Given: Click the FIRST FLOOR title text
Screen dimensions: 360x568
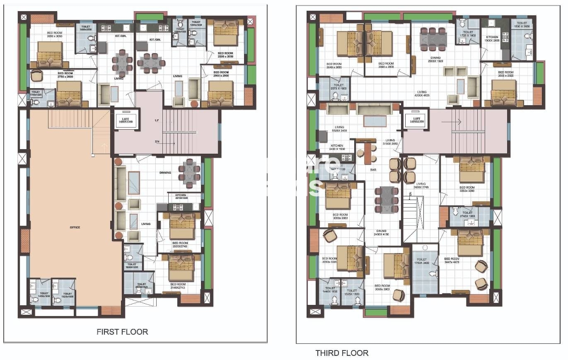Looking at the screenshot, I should pos(122,332).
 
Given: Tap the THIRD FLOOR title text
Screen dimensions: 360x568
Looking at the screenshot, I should pos(341,353).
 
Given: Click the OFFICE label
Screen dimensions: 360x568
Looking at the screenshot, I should pos(75,227).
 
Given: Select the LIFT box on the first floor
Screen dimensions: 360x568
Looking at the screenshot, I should pos(126,121).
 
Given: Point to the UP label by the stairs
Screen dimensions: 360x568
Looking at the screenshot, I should pos(145,120).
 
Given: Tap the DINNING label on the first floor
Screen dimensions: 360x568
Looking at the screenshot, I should pos(165,173).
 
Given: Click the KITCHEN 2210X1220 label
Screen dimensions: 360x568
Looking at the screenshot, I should pos(181,196).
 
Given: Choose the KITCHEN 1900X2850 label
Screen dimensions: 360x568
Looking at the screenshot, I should pos(492,39).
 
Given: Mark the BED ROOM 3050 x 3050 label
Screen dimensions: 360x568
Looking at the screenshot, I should pos(54,35).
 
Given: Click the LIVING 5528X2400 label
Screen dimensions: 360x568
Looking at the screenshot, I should pos(340,129).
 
